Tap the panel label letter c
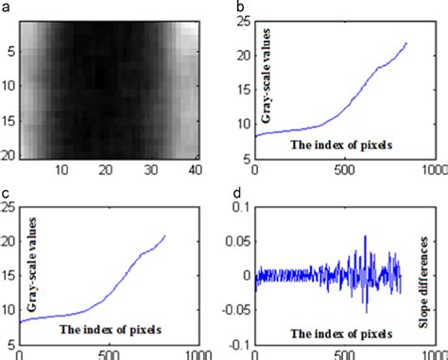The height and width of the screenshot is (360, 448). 6,195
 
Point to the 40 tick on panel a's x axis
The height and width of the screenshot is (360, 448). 193,170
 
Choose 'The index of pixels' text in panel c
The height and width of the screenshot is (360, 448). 111,330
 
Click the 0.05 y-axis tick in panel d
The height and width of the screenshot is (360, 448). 239,240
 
